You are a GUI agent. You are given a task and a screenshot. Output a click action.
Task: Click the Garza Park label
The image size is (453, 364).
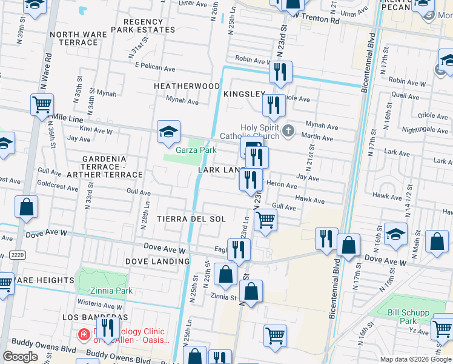coord(196,150)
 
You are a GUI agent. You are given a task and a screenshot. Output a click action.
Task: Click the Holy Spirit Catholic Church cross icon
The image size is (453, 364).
coord(289,130)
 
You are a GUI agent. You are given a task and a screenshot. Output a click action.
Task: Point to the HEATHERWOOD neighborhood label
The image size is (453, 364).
coord(187,86)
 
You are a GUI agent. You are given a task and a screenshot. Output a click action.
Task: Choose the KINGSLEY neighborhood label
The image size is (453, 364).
coord(244,94)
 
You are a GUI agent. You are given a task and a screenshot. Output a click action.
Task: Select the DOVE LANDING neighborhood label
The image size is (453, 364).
coord(153,261)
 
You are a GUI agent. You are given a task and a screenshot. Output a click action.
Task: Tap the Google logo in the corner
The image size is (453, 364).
coord(20,357)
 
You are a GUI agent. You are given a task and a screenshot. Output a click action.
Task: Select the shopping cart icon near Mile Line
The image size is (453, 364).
coord(42,105)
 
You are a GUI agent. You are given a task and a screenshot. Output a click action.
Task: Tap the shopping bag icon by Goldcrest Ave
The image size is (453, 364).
coord(27,207)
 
